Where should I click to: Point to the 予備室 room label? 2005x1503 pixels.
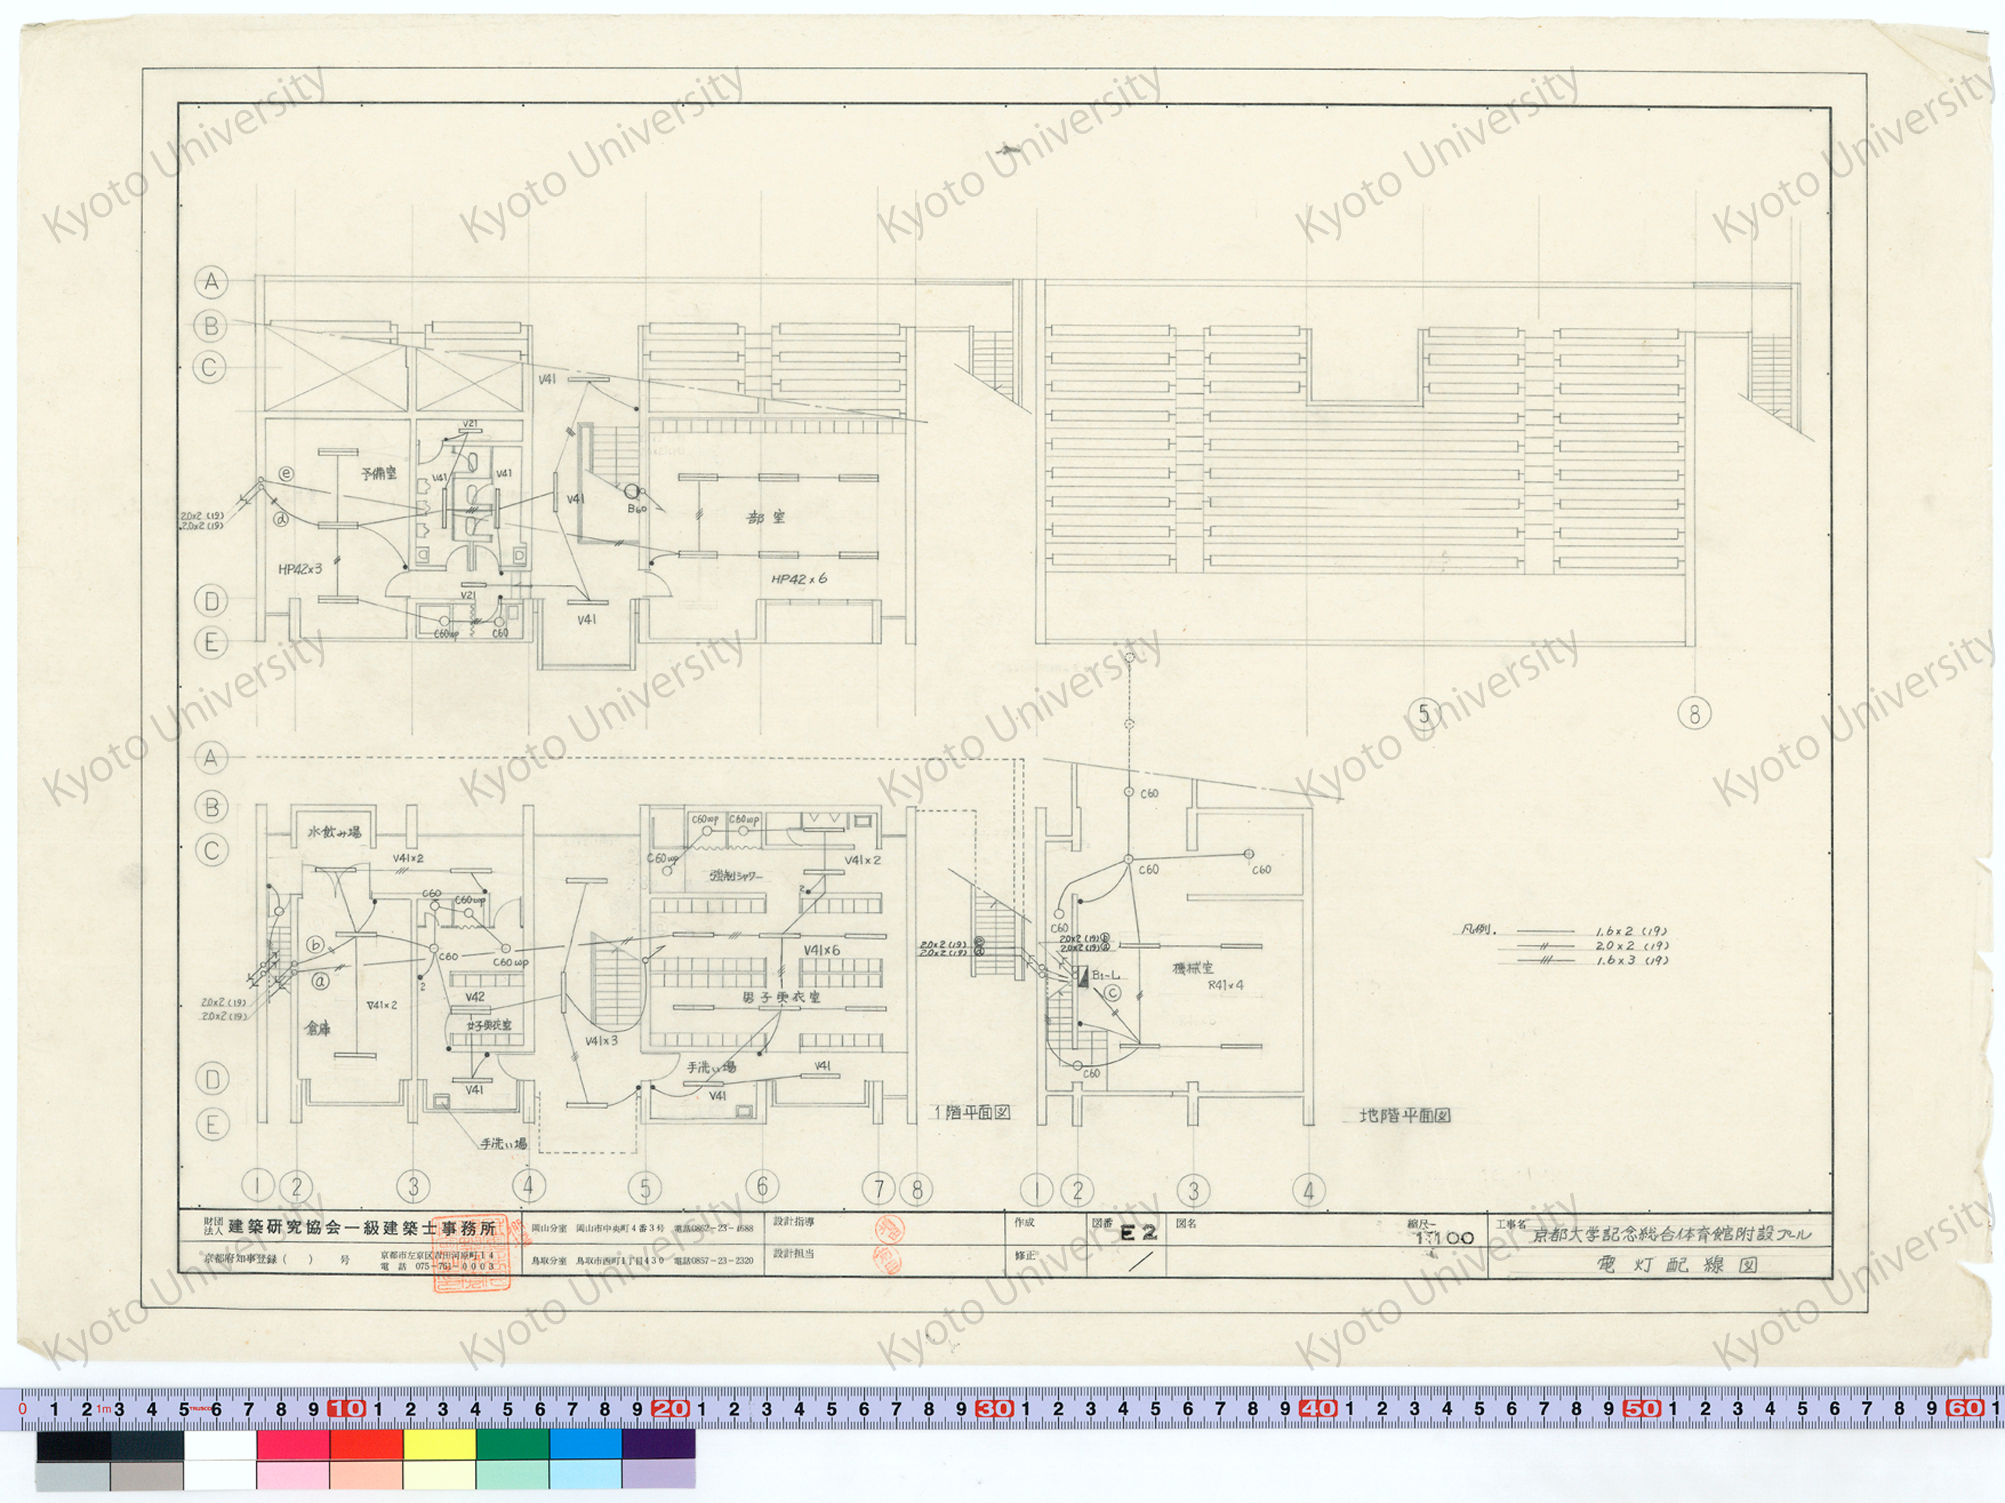(379, 473)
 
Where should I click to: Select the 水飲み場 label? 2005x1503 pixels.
(335, 832)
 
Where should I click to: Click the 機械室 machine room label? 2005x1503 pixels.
(1194, 968)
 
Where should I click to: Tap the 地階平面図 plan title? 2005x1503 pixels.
(1404, 1116)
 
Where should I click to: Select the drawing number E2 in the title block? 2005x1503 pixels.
(1138, 1233)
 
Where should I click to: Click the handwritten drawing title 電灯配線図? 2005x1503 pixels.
(1676, 1265)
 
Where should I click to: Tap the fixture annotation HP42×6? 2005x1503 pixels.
(799, 579)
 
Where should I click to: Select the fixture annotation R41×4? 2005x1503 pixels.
(1226, 985)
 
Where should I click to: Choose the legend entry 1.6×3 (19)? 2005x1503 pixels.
(1632, 961)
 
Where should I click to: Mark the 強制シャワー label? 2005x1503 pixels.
(736, 877)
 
